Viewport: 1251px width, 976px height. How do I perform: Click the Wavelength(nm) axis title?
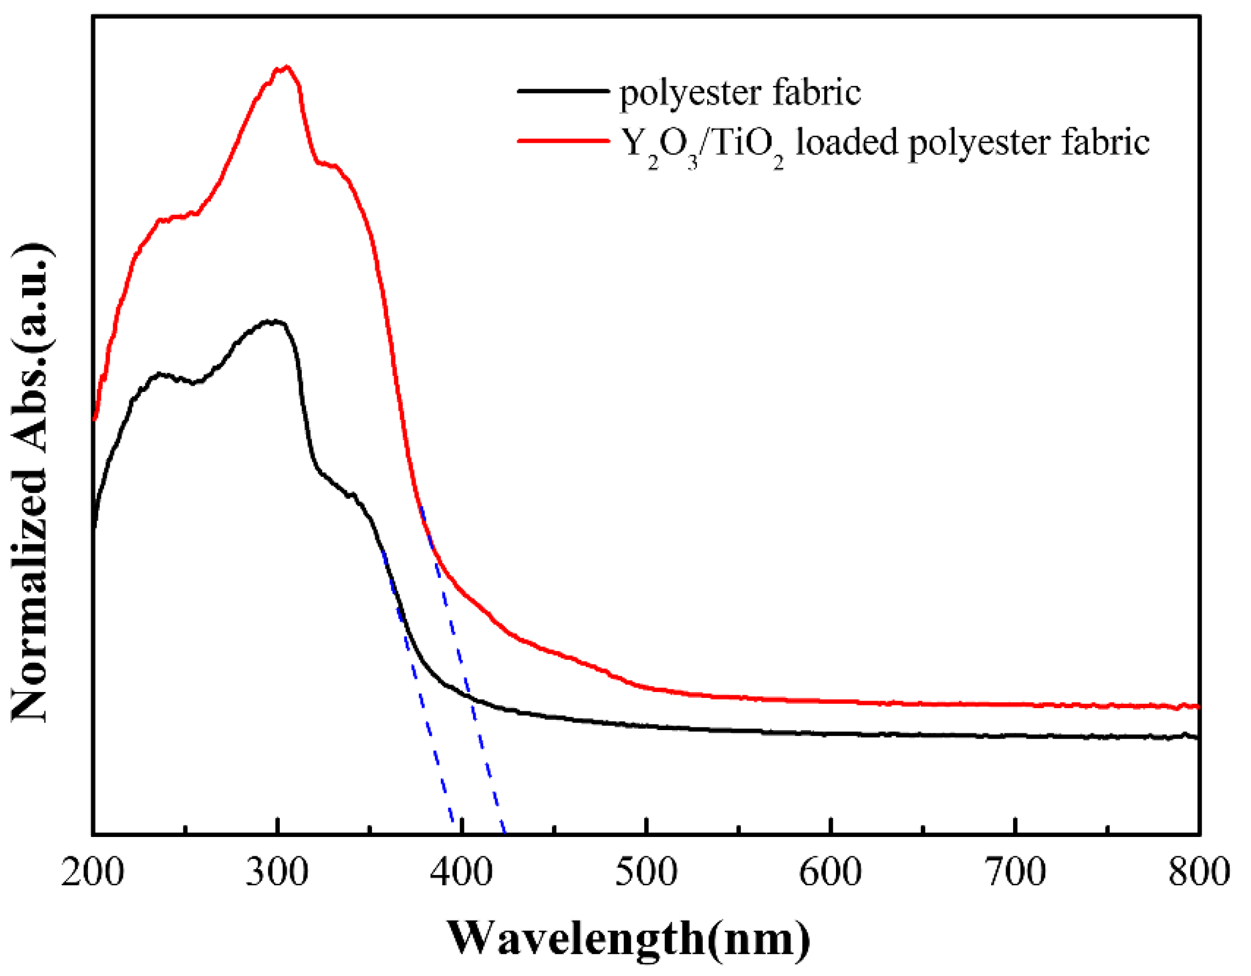click(628, 938)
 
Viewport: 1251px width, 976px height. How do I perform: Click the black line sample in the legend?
click(563, 91)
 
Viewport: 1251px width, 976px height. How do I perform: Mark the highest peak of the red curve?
click(287, 67)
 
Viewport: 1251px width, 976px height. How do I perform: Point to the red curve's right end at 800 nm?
click(1198, 707)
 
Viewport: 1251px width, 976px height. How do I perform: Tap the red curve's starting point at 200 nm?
click(94, 420)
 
